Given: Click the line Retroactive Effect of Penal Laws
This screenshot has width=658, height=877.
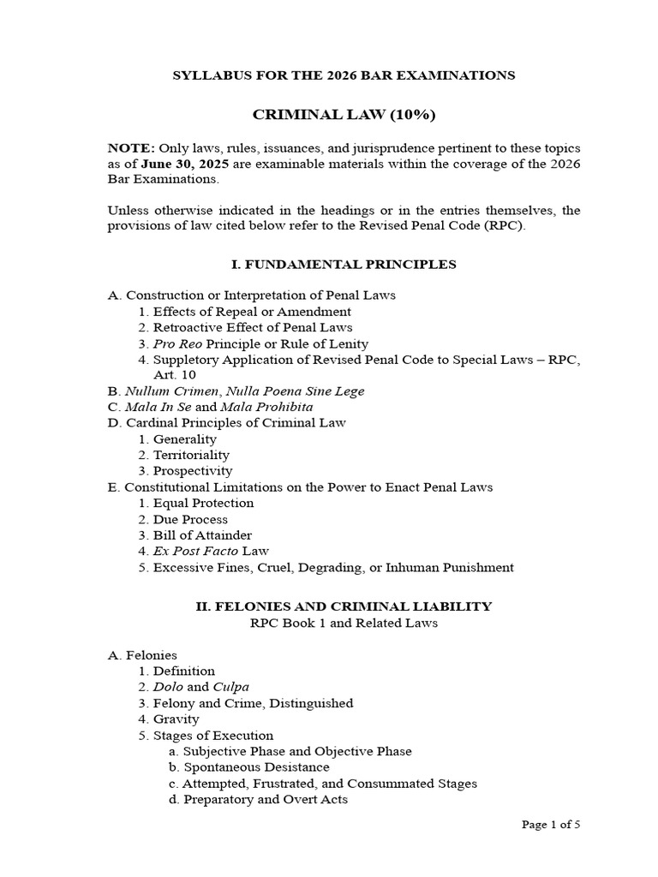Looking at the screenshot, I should (253, 327).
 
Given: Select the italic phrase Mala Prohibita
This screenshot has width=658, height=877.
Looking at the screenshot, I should (266, 407).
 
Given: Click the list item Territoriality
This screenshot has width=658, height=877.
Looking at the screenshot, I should (191, 455).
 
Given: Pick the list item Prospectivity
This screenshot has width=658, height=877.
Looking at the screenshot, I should (193, 471).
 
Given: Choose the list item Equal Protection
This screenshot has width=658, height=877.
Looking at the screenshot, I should (203, 503).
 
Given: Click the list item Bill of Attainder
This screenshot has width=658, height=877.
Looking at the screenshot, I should (202, 535).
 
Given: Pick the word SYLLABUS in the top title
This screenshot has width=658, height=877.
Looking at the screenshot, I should (208, 75).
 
